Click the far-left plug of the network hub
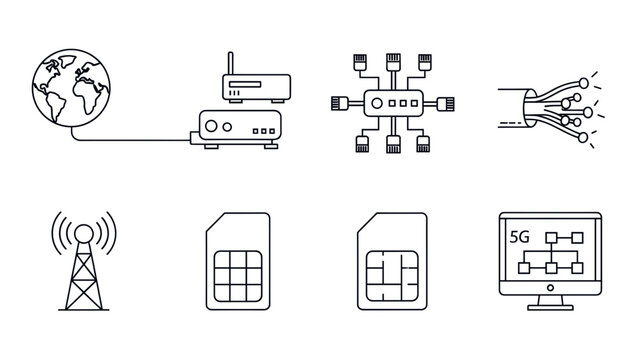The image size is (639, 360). point(339,102)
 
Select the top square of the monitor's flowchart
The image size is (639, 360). point(550,236)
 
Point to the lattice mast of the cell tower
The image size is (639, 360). point(83,280)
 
